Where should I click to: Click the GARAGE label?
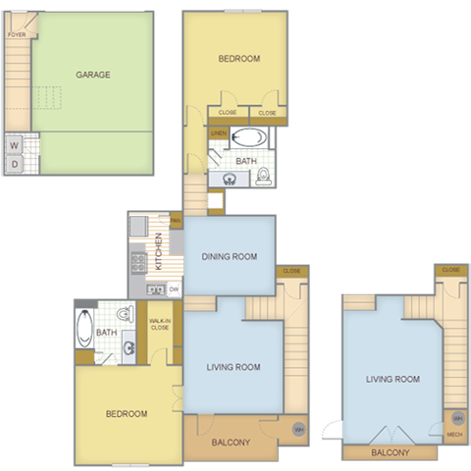[93, 74]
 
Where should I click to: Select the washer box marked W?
[15, 144]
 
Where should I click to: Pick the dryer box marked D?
[15, 164]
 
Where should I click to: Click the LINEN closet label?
[218, 133]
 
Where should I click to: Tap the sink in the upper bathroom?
[229, 179]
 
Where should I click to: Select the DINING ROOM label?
[230, 257]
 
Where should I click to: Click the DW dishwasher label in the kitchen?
[173, 289]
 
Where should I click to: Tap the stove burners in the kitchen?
[138, 261]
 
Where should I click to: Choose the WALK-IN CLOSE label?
[159, 324]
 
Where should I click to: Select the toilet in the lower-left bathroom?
[124, 315]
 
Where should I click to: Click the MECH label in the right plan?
[454, 434]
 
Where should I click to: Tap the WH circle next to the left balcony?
[298, 428]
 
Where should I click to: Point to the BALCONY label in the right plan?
[392, 453]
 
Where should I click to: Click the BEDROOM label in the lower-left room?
[127, 414]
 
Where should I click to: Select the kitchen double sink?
[155, 289]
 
